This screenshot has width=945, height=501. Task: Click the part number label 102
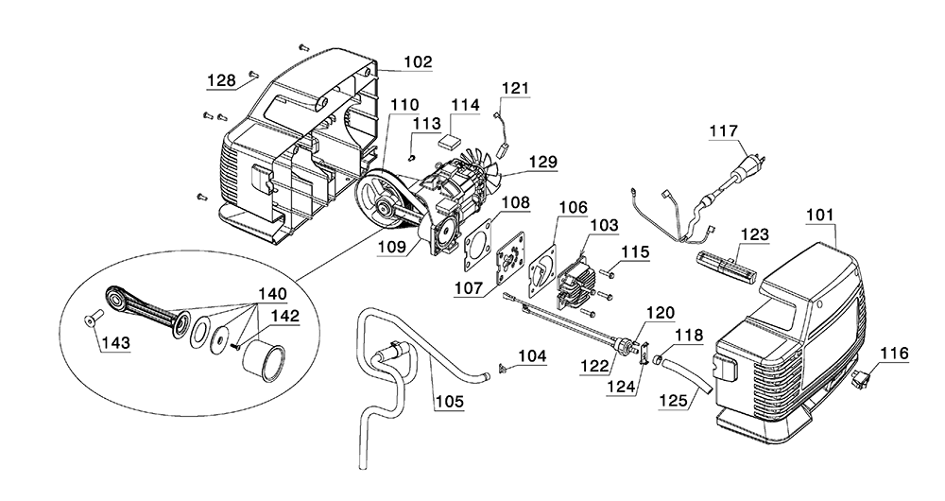pyautogui.click(x=418, y=61)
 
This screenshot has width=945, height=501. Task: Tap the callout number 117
pyautogui.click(x=723, y=130)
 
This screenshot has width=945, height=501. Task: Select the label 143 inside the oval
pyautogui.click(x=115, y=343)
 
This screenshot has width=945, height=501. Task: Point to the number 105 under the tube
pyautogui.click(x=450, y=402)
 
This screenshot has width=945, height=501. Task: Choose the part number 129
pyautogui.click(x=543, y=162)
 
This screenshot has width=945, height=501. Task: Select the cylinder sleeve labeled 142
pyautogui.click(x=264, y=360)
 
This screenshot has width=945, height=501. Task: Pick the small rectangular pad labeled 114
pyautogui.click(x=449, y=143)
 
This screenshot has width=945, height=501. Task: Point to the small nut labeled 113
pyautogui.click(x=411, y=157)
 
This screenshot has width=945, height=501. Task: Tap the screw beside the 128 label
pyautogui.click(x=253, y=74)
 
